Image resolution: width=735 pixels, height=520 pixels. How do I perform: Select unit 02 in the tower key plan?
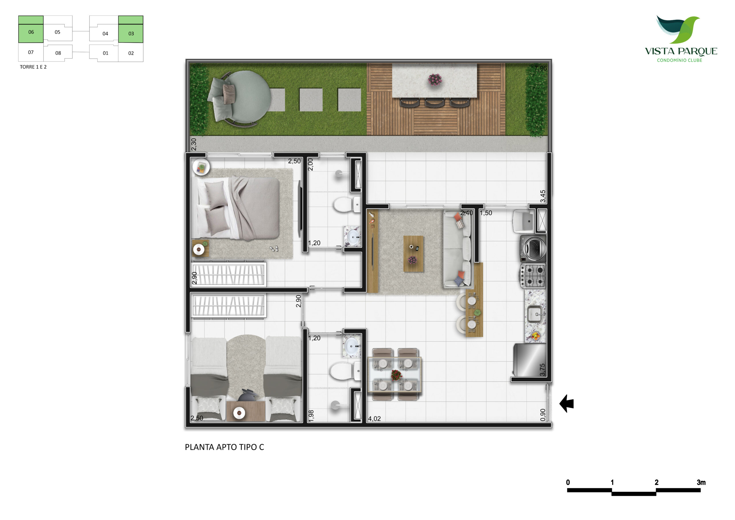(131, 53)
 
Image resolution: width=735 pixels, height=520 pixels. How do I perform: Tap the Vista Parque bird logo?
(678, 30)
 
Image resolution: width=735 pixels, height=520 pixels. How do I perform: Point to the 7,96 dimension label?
(540, 68)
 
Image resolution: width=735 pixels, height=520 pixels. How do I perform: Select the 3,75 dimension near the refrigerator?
(542, 370)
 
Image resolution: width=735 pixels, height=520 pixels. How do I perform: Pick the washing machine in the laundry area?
(533, 248)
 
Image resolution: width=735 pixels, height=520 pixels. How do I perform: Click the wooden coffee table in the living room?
(413, 254)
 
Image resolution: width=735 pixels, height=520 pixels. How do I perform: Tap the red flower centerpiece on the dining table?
(396, 375)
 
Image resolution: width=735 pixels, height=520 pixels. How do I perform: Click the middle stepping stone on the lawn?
(311, 100)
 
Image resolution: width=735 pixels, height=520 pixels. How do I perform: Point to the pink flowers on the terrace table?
(435, 80)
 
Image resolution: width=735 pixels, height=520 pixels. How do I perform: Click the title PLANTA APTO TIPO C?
(225, 447)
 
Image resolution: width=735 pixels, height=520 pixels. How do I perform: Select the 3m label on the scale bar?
(701, 482)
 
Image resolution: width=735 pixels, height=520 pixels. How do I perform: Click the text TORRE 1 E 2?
(33, 67)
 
